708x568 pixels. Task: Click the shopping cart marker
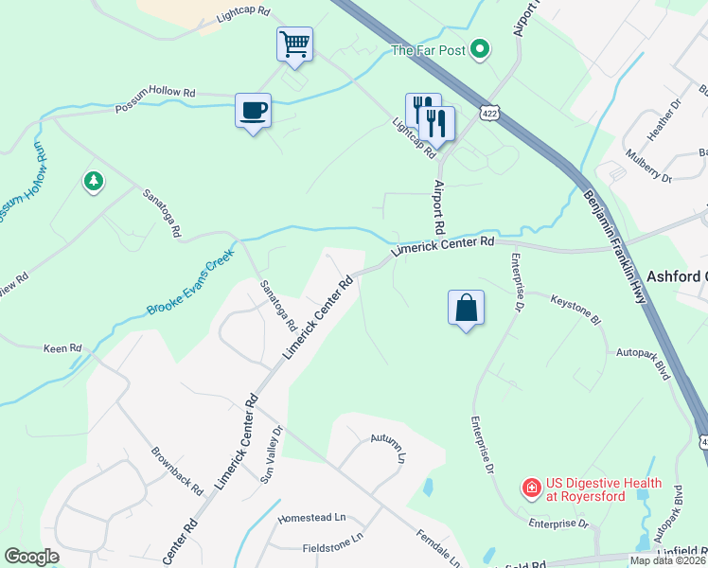click(294, 44)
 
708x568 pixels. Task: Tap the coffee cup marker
click(253, 111)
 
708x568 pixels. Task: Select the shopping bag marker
click(466, 308)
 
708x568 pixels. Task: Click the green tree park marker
click(93, 181)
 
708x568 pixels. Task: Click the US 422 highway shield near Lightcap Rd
click(489, 113)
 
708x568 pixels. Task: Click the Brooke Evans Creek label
click(190, 283)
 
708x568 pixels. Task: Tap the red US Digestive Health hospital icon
click(532, 488)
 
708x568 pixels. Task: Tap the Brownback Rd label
click(177, 470)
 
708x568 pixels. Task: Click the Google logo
click(31, 557)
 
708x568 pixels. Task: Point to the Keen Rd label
click(62, 349)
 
